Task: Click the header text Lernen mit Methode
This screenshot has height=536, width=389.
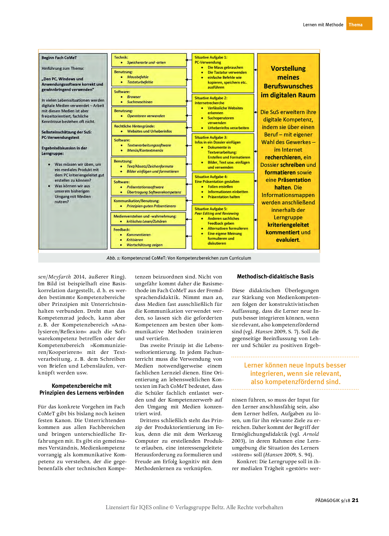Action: (x=323, y=25)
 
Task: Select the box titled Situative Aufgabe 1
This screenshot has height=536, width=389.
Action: (x=223, y=73)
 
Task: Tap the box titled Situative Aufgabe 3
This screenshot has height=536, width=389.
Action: (x=223, y=152)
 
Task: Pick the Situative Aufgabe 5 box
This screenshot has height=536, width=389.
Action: (x=223, y=226)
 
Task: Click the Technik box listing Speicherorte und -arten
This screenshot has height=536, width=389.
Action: (x=149, y=60)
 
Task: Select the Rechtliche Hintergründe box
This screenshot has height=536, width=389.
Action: (x=149, y=129)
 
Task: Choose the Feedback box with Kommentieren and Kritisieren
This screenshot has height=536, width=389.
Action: (x=148, y=237)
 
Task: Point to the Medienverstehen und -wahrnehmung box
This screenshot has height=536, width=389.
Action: (x=148, y=219)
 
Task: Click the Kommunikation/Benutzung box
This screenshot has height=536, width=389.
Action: (x=148, y=203)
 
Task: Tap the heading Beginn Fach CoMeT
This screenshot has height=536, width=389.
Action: (x=59, y=58)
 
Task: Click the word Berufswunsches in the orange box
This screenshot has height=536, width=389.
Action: (x=288, y=86)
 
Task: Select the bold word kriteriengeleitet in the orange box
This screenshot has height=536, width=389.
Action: (x=288, y=225)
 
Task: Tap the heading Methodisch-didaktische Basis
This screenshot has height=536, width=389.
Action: (x=275, y=276)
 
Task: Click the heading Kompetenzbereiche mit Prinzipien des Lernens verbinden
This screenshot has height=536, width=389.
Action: (x=82, y=389)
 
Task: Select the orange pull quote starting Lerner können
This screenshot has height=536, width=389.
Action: (x=295, y=374)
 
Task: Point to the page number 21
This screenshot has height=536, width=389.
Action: (x=355, y=500)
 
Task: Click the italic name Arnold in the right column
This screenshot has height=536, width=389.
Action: (x=311, y=434)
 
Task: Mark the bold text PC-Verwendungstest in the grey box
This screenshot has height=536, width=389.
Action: (x=60, y=138)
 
